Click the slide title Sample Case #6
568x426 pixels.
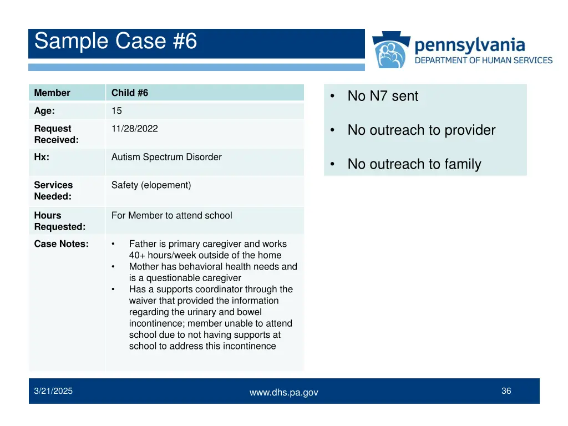click(x=115, y=42)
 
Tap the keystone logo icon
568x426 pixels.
click(x=392, y=50)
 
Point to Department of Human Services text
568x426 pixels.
click(x=484, y=60)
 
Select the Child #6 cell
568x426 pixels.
click(x=130, y=93)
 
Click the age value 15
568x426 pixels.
click(x=116, y=111)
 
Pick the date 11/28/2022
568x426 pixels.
click(x=134, y=129)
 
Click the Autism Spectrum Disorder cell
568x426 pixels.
click(x=166, y=158)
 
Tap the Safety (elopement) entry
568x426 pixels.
click(x=151, y=185)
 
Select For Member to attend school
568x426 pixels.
click(x=171, y=216)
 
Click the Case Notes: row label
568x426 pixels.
click(x=61, y=244)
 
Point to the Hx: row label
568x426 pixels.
click(x=42, y=158)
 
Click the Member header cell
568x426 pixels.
click(x=52, y=93)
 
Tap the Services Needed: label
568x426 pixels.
click(x=53, y=191)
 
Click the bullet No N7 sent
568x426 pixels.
click(x=383, y=97)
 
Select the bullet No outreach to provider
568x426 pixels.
click(x=421, y=130)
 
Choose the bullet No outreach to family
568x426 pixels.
click(x=414, y=164)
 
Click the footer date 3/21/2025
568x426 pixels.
click(x=53, y=392)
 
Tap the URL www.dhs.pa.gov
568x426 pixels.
click(x=283, y=393)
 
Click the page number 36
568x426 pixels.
click(x=506, y=391)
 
